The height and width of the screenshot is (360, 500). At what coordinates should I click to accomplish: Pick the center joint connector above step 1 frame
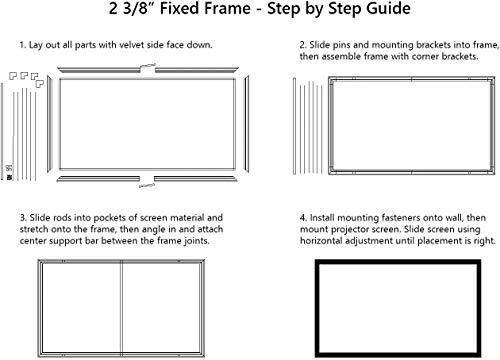[x=148, y=68]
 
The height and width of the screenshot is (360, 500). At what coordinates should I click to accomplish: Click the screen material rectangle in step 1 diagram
[x=148, y=125]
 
